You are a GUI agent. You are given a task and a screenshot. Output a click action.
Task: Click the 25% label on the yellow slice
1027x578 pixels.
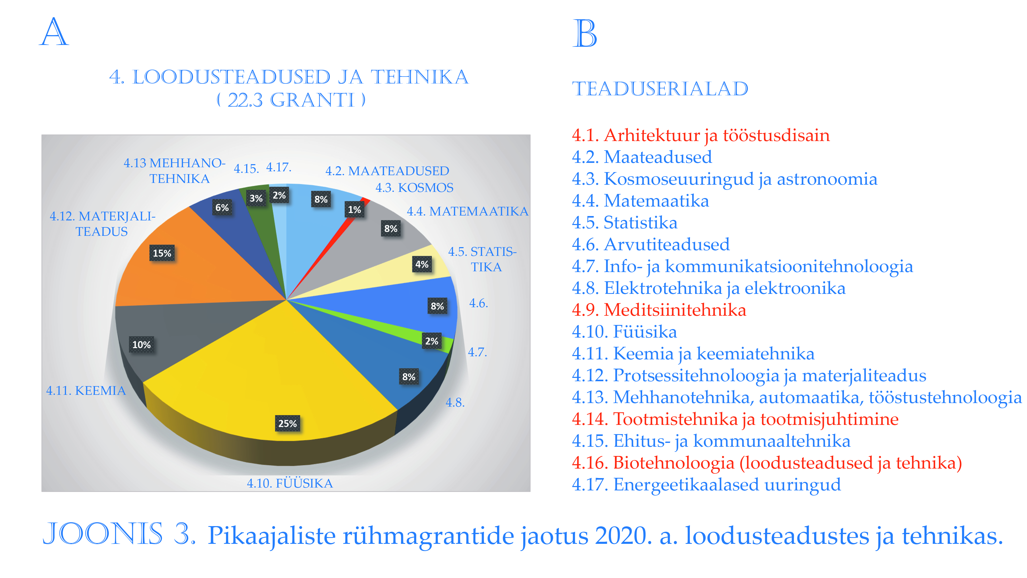288,423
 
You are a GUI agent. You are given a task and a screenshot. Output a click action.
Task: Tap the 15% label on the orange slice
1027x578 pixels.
162,253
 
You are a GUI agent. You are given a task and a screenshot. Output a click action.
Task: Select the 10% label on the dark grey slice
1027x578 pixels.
141,345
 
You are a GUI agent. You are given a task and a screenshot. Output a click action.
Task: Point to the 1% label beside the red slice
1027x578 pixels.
354,209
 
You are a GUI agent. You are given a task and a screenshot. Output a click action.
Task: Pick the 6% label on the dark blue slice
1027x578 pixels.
222,207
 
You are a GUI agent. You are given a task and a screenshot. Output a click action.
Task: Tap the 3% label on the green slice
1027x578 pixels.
256,198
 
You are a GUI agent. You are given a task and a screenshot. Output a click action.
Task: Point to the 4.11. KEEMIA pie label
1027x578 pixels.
86,390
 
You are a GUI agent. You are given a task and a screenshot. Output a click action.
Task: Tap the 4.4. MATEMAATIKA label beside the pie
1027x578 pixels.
467,211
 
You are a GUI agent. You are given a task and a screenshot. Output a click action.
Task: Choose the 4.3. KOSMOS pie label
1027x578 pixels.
414,188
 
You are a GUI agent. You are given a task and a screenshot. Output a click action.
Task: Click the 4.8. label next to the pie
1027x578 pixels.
455,403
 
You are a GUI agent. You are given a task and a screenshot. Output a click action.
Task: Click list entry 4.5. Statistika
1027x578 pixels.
624,222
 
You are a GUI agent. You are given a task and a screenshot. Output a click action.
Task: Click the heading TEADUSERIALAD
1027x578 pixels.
660,89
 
